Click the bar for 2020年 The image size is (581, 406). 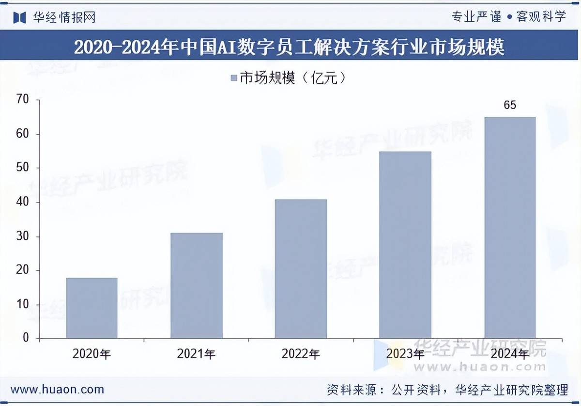(x=92, y=308)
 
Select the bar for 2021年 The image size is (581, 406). (x=196, y=285)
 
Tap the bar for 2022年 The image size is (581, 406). (x=301, y=268)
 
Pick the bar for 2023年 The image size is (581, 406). (x=405, y=245)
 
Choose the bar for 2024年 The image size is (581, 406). (x=510, y=227)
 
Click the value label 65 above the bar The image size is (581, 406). (x=510, y=105)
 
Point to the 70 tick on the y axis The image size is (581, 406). (x=23, y=100)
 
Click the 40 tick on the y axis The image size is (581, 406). (x=23, y=202)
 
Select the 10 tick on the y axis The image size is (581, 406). (x=23, y=304)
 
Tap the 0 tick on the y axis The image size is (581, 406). (x=26, y=338)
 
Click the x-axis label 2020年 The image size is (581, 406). (x=92, y=354)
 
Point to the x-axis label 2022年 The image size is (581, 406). (x=301, y=354)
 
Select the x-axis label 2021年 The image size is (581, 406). (x=196, y=354)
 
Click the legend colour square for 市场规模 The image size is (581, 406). (x=233, y=78)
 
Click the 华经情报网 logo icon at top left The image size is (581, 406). (x=19, y=17)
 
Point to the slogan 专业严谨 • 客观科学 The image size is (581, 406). (x=508, y=17)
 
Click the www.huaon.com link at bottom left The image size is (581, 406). (x=57, y=389)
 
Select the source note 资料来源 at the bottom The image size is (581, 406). (x=447, y=389)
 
